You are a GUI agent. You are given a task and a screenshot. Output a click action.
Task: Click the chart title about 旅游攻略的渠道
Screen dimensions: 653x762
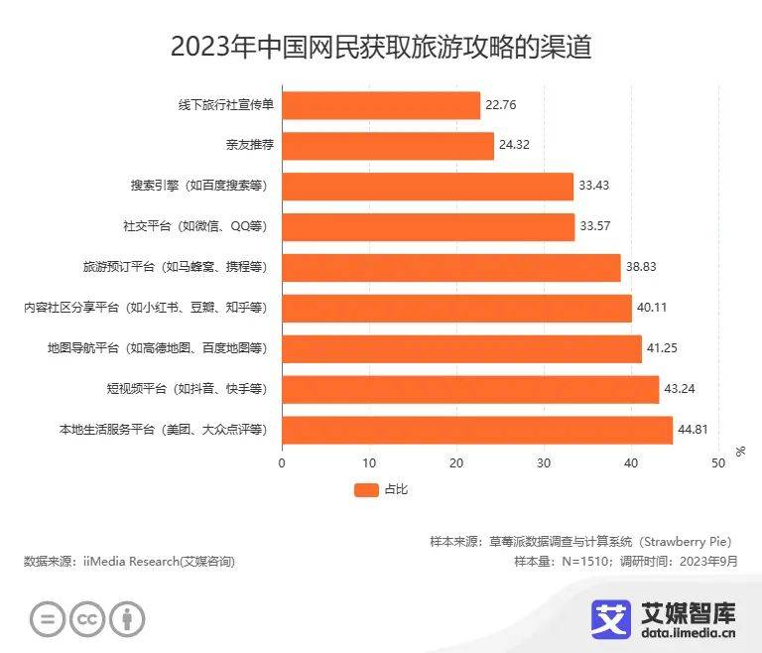pos(381,47)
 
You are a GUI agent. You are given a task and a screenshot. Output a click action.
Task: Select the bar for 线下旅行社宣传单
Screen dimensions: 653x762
pos(381,105)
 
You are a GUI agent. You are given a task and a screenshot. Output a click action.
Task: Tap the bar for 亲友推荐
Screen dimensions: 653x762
pos(388,146)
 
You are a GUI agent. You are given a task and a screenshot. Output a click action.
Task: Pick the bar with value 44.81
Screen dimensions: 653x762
pos(477,430)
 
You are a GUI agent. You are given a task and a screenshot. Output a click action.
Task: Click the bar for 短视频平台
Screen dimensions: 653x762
pos(470,389)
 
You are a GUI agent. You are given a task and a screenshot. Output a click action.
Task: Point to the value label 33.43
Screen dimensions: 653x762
pos(595,187)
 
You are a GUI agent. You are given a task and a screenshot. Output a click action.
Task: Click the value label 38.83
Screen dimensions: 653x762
pos(642,268)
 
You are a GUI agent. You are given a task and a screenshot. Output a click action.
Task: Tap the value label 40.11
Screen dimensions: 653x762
pos(653,309)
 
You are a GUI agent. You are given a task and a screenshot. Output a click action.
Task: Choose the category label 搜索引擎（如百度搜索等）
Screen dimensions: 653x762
pos(198,187)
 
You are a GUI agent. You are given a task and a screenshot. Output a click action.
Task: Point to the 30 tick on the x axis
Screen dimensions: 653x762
pos(544,462)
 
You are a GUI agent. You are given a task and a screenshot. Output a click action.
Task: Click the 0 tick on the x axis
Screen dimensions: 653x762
pos(282,462)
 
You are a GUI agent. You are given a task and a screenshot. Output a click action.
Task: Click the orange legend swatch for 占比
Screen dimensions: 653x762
pos(366,489)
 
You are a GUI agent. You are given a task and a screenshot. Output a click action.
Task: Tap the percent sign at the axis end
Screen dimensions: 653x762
pos(740,452)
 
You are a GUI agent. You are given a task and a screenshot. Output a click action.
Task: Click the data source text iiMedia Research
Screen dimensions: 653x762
pos(129,562)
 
